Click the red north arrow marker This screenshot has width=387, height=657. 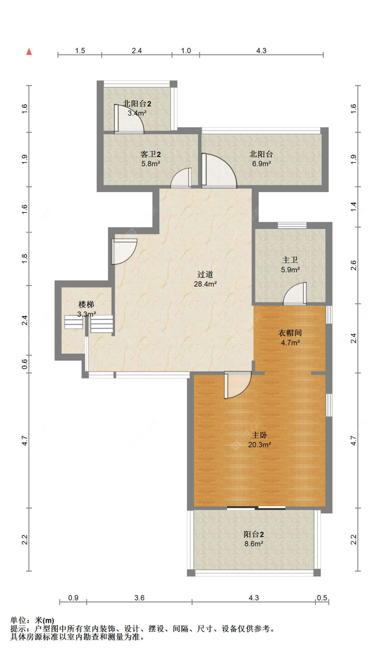pyautogui.click(x=29, y=51)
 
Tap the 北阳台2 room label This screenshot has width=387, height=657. pyautogui.click(x=137, y=103)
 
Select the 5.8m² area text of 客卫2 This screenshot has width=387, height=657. pyautogui.click(x=151, y=164)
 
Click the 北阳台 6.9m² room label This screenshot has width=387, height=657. pyautogui.click(x=261, y=159)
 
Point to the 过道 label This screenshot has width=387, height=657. pyautogui.click(x=205, y=274)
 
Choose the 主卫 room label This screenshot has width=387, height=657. pyautogui.click(x=290, y=260)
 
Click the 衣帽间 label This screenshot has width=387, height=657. pyautogui.click(x=290, y=333)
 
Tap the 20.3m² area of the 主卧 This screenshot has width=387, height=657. pyautogui.click(x=259, y=445)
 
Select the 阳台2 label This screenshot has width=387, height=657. pyautogui.click(x=254, y=534)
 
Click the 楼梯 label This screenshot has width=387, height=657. pyautogui.click(x=86, y=304)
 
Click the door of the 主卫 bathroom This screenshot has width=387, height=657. pyautogui.click(x=295, y=294)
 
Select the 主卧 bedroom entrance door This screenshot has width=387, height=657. pyautogui.click(x=238, y=385)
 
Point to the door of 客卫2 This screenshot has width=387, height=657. pyautogui.click(x=181, y=178)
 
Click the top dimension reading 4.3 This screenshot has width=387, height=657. pyautogui.click(x=261, y=51)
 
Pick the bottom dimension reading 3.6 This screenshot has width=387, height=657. pyautogui.click(x=139, y=598)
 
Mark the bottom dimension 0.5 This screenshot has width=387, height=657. pyautogui.click(x=322, y=598)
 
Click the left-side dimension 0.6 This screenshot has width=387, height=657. pyautogui.click(x=24, y=364)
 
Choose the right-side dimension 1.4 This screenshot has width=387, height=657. pyautogui.click(x=353, y=207)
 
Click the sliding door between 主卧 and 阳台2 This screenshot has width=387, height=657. pyautogui.click(x=256, y=508)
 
